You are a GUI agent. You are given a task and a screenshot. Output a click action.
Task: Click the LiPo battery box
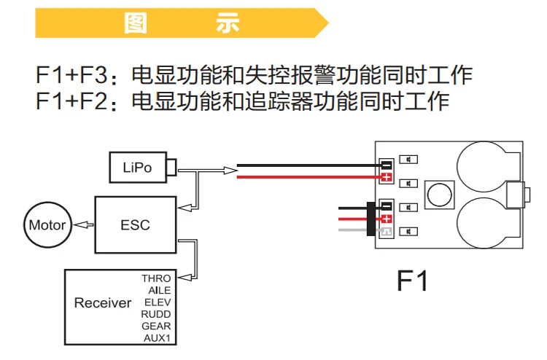click(138, 168)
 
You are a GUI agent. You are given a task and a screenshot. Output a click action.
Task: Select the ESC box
click(136, 224)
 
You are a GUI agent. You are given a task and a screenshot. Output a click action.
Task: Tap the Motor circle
click(48, 224)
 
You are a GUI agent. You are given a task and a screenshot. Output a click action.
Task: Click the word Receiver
click(103, 303)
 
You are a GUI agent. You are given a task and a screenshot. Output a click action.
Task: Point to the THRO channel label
click(156, 278)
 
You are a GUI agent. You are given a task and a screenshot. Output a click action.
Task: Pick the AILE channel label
click(160, 290)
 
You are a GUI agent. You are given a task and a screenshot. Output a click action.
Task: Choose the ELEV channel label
click(158, 302)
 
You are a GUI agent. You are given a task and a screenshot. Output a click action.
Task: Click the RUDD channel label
click(156, 314)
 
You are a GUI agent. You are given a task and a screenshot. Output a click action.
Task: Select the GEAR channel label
click(156, 326)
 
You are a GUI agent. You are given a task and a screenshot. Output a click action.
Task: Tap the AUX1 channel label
click(157, 337)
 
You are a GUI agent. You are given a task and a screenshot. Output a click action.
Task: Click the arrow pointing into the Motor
click(83, 224)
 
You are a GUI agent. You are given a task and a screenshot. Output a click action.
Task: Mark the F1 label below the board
click(412, 281)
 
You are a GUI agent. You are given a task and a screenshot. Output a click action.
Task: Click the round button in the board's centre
click(439, 195)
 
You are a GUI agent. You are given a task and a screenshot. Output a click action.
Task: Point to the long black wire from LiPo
click(309, 165)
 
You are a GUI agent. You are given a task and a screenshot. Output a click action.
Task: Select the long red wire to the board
click(309, 177)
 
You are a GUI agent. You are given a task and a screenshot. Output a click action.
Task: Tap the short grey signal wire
click(352, 230)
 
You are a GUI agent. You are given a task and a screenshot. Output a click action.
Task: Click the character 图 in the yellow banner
click(136, 23)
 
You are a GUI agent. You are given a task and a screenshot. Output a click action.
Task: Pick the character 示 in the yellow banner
click(228, 23)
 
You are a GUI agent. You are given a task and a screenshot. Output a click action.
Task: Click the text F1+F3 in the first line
click(71, 74)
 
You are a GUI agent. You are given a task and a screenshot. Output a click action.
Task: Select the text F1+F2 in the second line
click(71, 101)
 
